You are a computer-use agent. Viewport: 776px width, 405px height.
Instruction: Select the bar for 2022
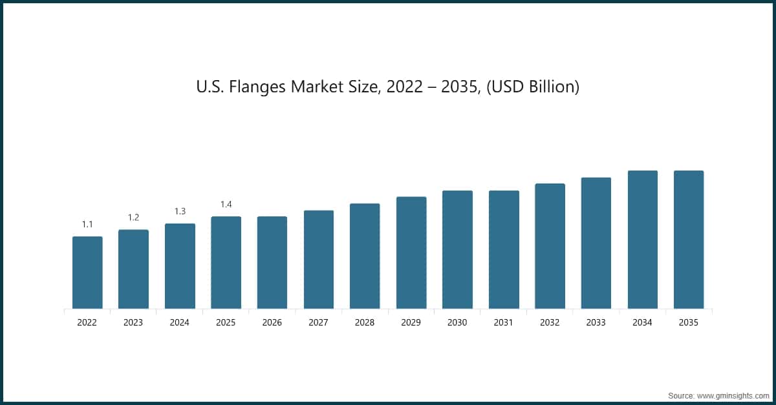87,273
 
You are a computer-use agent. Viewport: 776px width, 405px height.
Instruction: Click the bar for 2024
180,266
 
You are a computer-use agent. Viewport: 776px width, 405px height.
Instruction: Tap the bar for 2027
319,260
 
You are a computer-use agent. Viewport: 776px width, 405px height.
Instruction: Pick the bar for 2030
457,250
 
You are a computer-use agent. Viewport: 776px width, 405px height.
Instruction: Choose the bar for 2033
596,243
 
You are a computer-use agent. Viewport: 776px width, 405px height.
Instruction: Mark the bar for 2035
689,240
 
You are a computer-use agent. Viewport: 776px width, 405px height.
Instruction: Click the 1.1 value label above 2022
87,224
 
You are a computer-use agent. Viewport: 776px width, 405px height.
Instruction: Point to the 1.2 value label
133,218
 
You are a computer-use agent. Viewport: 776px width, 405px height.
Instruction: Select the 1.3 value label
180,211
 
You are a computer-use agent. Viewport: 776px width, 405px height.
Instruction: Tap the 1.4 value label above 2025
226,204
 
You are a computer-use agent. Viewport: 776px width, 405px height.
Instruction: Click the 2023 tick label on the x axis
133,322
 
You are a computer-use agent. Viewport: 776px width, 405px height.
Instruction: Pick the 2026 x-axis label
272,322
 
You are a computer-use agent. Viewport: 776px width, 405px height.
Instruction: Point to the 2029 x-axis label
411,322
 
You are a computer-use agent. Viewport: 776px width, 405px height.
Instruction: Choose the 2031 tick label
504,322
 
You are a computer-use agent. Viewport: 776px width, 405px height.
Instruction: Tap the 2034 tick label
642,322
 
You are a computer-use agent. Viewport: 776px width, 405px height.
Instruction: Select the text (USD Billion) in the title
532,87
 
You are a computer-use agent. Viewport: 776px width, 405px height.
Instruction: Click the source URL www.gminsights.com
731,394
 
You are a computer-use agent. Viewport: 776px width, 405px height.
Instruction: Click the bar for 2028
365,256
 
